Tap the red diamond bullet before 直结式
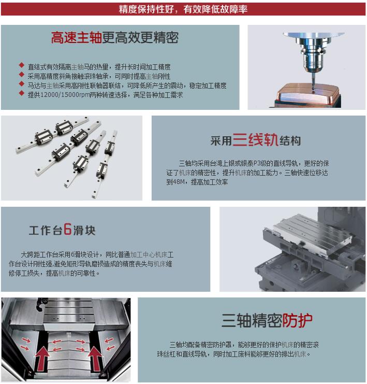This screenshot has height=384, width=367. pos(21,66)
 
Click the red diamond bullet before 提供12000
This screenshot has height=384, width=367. pos(21,94)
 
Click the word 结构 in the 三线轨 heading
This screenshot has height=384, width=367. pos(290,141)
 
